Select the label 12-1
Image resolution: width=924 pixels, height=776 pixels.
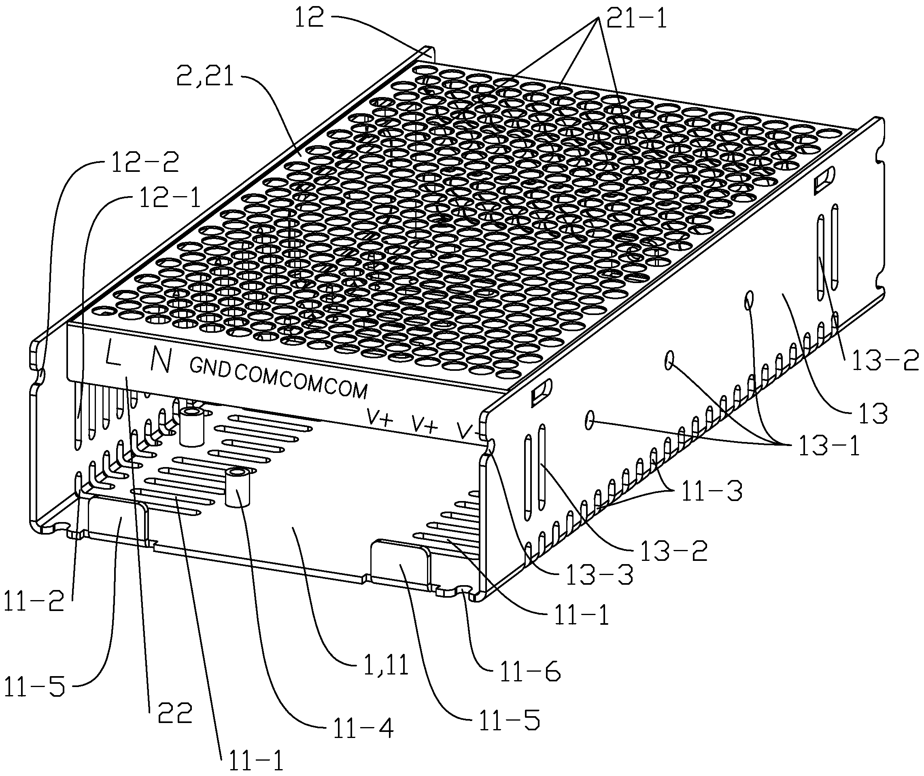[x=170, y=199]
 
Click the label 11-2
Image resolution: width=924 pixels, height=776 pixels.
[x=34, y=602]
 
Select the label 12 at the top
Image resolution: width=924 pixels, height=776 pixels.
[x=309, y=19]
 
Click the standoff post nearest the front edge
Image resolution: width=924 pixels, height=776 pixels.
[x=237, y=488]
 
